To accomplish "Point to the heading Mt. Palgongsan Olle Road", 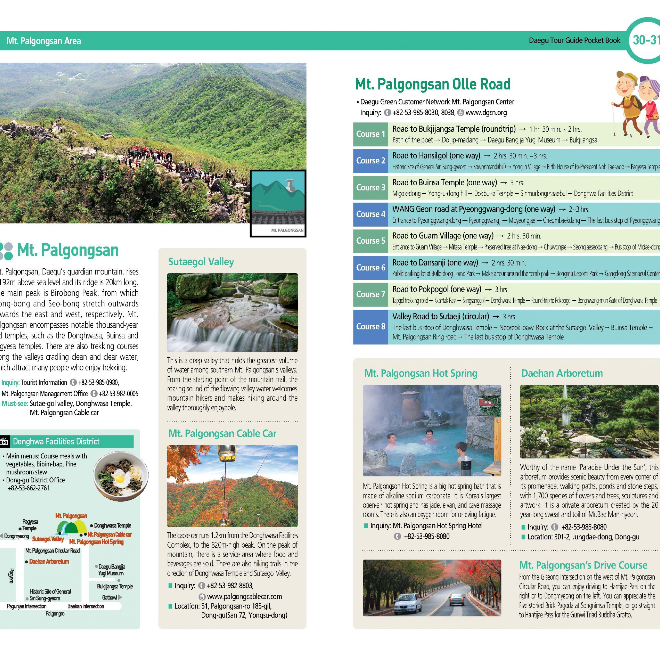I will click(433, 84).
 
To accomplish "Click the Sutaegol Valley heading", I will click(201, 262).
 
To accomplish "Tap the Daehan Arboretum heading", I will click(562, 373).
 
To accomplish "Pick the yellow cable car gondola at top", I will click(227, 453).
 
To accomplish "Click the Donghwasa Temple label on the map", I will click(112, 525).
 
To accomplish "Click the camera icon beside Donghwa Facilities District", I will click(4, 442).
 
